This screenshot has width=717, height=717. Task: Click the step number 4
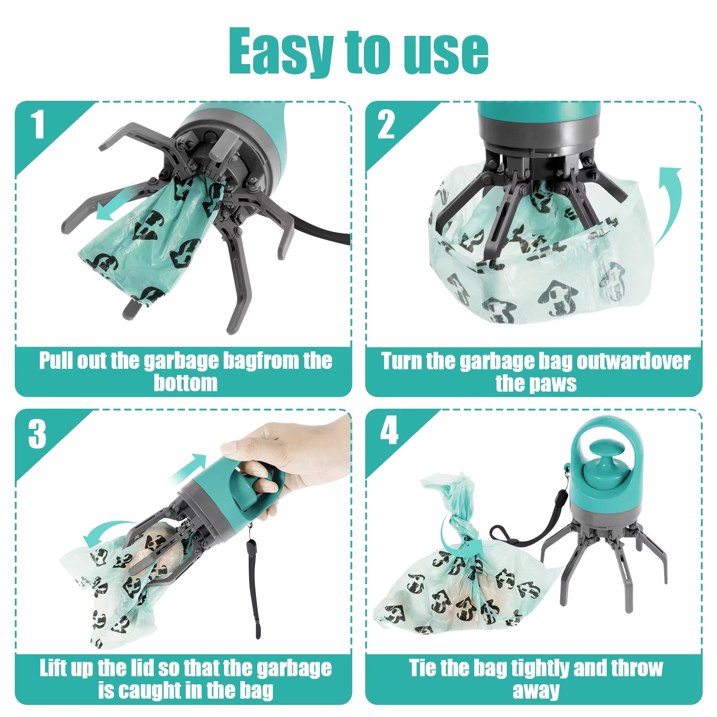pyautogui.click(x=389, y=430)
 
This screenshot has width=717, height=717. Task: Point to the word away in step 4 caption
pyautogui.click(x=536, y=691)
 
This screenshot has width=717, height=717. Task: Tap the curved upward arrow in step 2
pyautogui.click(x=670, y=202)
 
